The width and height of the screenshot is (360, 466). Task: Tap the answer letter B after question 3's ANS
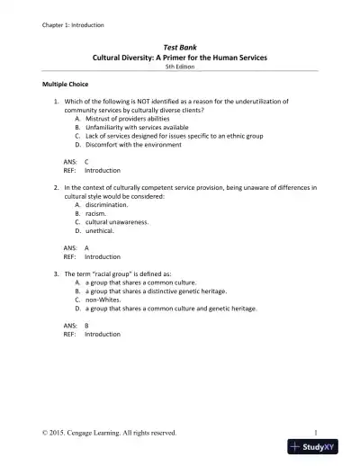click(x=86, y=325)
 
